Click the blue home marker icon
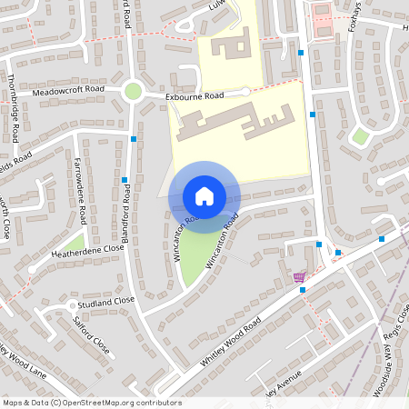point(204,196)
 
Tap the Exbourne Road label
point(195,95)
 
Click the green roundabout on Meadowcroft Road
point(134,91)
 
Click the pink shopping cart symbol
point(299,277)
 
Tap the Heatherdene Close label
point(89,248)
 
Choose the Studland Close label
point(105,300)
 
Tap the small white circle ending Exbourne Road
point(245,92)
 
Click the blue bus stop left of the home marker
point(124,180)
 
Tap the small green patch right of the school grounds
point(361,136)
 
